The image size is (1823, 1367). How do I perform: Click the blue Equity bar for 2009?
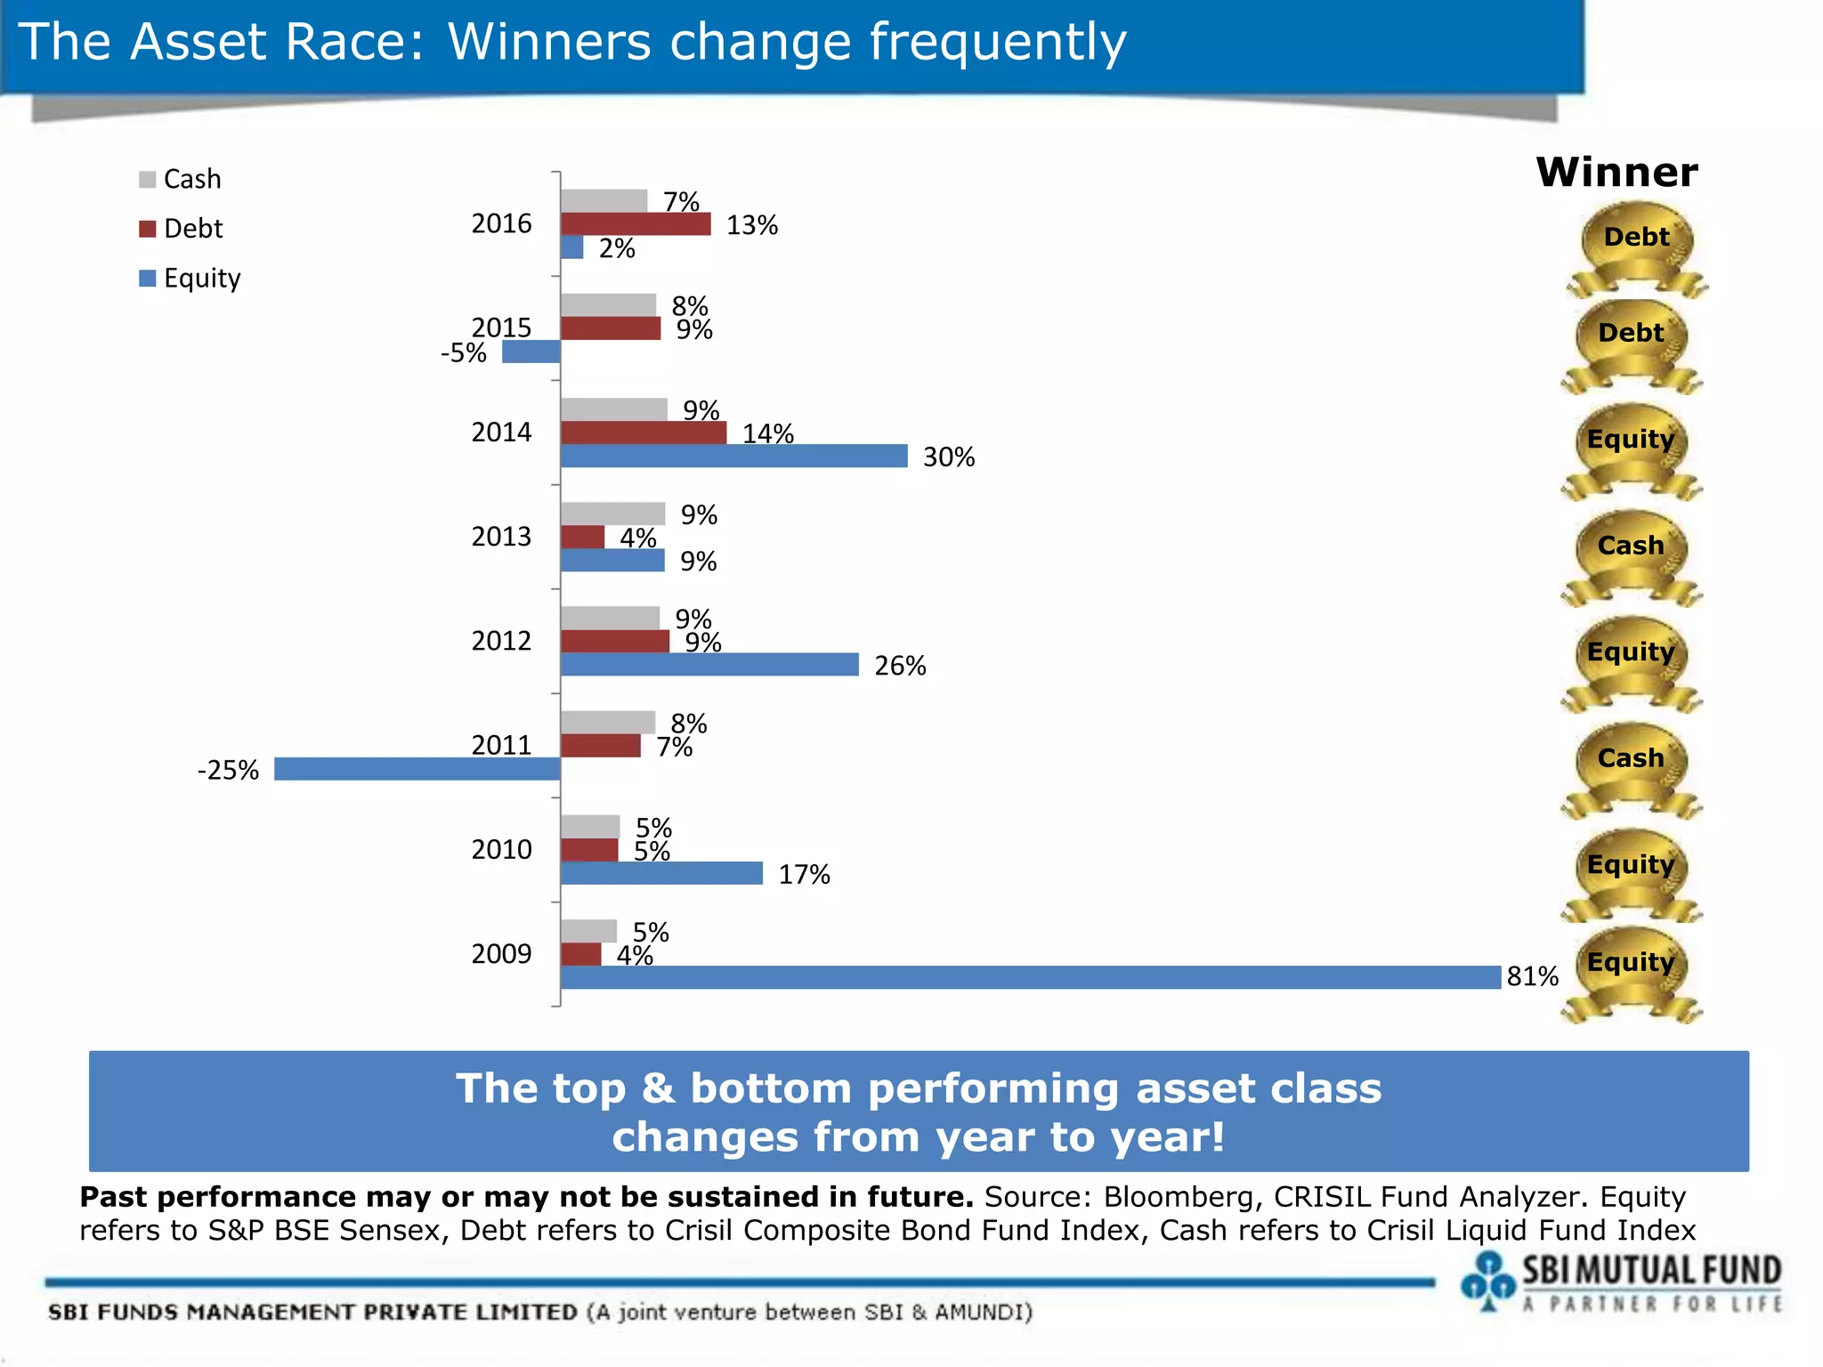pyautogui.click(x=1030, y=977)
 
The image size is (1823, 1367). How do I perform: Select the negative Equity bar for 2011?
pyautogui.click(x=417, y=769)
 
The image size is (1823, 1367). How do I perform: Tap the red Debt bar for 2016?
pyautogui.click(x=636, y=224)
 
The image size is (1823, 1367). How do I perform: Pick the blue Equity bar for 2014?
pyautogui.click(x=733, y=456)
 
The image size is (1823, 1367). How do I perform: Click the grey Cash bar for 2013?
pyautogui.click(x=612, y=514)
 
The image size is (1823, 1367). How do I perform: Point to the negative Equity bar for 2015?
pyautogui.click(x=531, y=352)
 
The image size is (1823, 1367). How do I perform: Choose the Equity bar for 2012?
pyautogui.click(x=709, y=665)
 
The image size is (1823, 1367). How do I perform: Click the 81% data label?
pyautogui.click(x=1532, y=976)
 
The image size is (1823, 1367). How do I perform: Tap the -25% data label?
pyautogui.click(x=228, y=770)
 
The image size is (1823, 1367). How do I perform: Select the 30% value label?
pyautogui.click(x=949, y=457)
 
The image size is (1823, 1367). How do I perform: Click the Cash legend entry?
pyautogui.click(x=181, y=179)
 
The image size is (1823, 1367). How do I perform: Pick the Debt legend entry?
pyautogui.click(x=182, y=229)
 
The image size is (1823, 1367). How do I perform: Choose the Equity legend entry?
pyautogui.click(x=190, y=279)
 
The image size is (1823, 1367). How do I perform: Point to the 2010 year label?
pyautogui.click(x=501, y=850)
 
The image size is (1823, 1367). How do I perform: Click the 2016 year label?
pyautogui.click(x=501, y=223)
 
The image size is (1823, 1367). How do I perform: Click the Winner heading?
pyautogui.click(x=1616, y=172)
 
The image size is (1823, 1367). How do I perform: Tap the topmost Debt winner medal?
pyautogui.click(x=1636, y=245)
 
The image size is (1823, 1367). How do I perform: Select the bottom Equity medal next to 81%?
pyautogui.click(x=1631, y=970)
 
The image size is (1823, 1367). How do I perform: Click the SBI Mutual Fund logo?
pyautogui.click(x=1620, y=1282)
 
